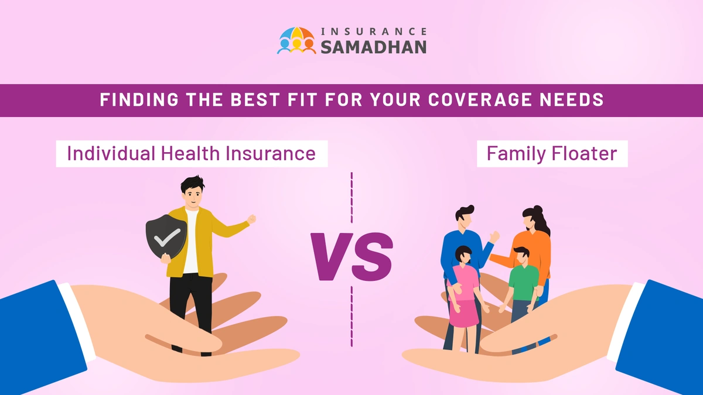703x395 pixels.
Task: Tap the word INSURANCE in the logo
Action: (373, 31)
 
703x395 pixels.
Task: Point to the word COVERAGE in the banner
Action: (486, 100)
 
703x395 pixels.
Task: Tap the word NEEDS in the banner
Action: (574, 100)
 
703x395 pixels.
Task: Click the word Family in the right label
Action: (512, 154)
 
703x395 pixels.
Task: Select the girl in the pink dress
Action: (462, 287)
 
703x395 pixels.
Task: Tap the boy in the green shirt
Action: (523, 281)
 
